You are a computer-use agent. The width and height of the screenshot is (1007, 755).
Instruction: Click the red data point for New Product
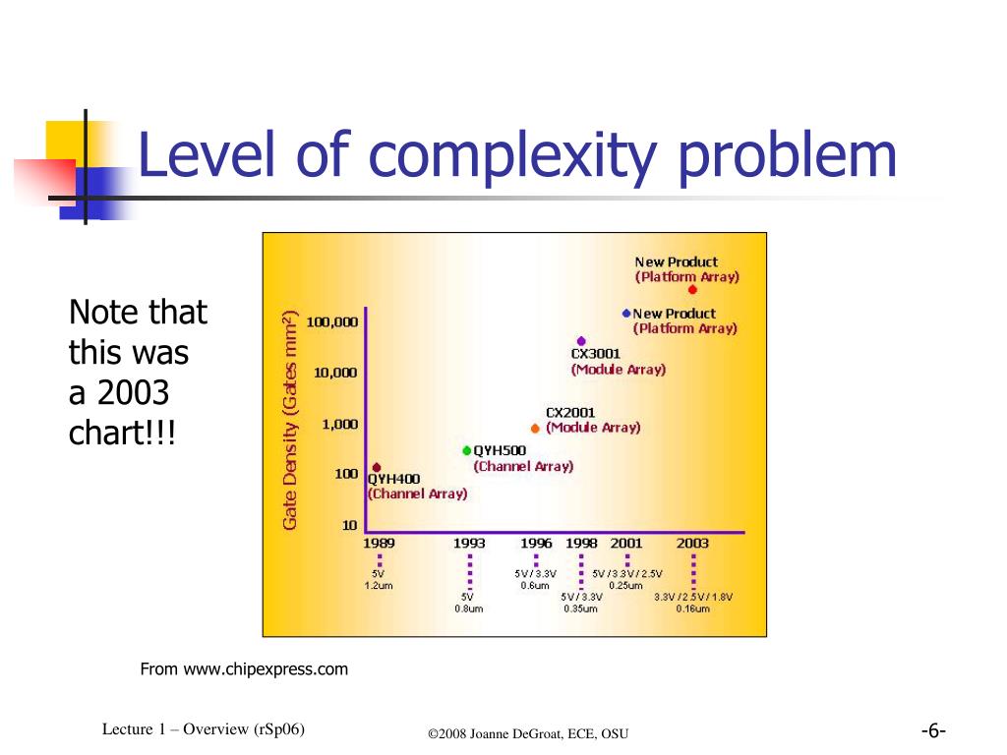[x=692, y=289]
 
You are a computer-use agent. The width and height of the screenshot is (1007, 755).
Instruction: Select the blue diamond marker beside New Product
[x=625, y=313]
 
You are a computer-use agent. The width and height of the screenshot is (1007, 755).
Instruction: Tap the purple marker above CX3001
[x=581, y=341]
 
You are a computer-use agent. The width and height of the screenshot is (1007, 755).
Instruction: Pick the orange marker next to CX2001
[x=535, y=429]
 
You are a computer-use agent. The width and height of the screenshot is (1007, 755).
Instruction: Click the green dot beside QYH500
[x=467, y=450]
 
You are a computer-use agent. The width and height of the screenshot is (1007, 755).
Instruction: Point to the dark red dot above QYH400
[x=377, y=467]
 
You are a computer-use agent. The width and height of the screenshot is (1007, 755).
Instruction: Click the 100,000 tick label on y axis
[x=332, y=321]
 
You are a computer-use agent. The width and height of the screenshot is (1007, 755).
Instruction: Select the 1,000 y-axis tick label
[x=339, y=424]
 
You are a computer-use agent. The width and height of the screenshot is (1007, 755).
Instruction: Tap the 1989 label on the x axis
[x=380, y=544]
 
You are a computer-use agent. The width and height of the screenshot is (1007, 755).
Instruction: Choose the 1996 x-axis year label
[x=536, y=544]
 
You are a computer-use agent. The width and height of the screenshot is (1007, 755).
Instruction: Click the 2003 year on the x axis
[x=692, y=544]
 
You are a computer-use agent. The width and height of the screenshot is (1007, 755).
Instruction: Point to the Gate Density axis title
[x=290, y=420]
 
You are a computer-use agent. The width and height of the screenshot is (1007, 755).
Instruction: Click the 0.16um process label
[x=692, y=609]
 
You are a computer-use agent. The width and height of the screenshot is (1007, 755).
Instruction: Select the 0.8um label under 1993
[x=468, y=609]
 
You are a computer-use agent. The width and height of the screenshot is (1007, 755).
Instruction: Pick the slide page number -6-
[x=933, y=731]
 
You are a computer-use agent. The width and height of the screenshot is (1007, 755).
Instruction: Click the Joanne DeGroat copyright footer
[x=528, y=734]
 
